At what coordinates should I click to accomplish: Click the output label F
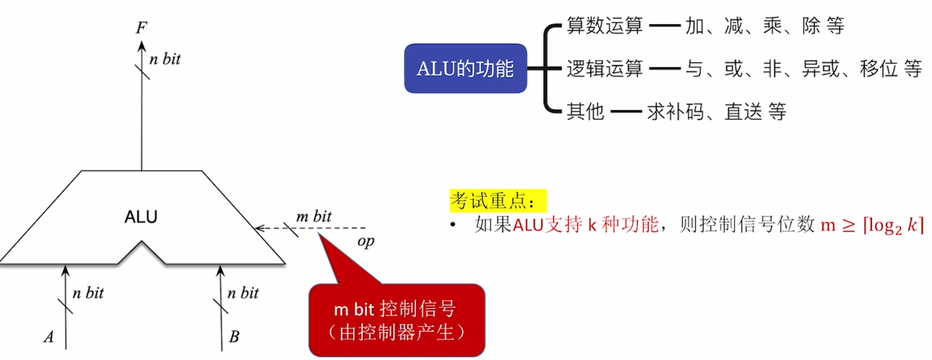coord(141,28)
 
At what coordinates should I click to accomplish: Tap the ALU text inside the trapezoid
coord(141,217)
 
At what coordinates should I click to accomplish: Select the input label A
coord(49,337)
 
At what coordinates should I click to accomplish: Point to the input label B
coord(234,336)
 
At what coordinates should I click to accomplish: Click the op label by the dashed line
coord(366,241)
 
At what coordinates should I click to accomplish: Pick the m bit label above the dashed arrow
coord(314,216)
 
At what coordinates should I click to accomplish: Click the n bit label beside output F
coord(165,59)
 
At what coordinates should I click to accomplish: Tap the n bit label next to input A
coord(88,293)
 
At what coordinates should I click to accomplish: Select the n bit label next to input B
coord(243,293)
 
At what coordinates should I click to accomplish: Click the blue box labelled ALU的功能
coord(465,68)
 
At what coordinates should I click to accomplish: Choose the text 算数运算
coord(604,26)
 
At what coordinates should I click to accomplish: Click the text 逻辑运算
coord(604,69)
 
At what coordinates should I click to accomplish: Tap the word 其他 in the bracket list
coord(585,111)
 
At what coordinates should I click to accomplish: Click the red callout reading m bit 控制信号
coord(396,320)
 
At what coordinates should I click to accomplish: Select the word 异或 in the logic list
coord(821,69)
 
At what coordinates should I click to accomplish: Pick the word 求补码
coord(675,111)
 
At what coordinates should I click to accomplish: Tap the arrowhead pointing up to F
coord(142,46)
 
